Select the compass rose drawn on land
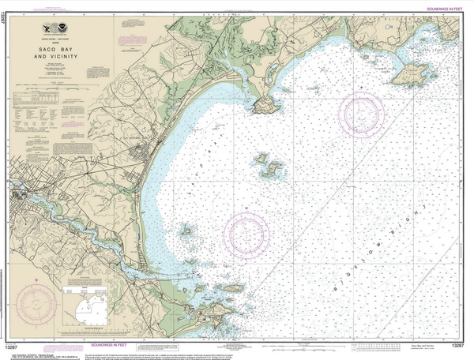[34, 300]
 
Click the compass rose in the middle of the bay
[246, 234]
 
